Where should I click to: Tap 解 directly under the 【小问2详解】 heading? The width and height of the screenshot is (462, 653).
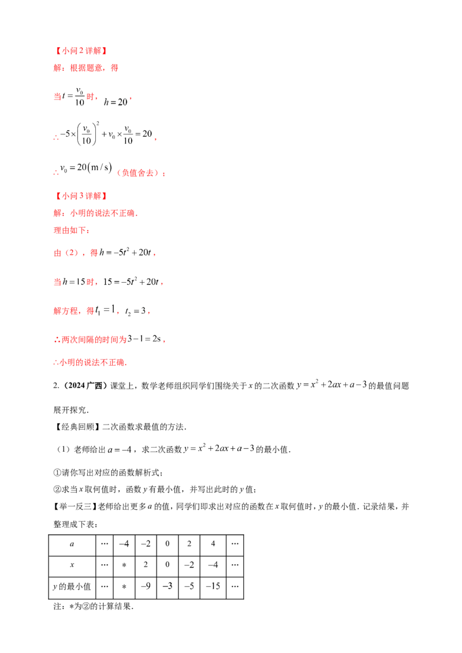point(56,68)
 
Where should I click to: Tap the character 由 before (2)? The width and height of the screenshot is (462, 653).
point(56,253)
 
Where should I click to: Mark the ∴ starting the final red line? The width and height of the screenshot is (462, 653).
point(55,364)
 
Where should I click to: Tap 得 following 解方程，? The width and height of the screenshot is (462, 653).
point(90,312)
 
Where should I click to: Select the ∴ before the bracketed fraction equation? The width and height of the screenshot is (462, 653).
point(56,138)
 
